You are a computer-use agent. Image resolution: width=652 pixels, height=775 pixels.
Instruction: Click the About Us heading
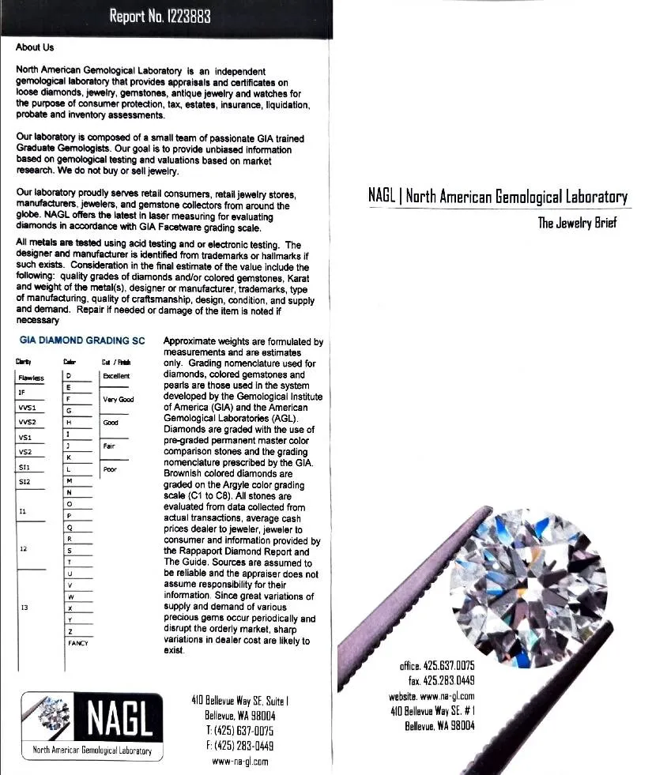click(35, 48)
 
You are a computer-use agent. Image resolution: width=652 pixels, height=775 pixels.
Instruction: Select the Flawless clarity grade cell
click(32, 377)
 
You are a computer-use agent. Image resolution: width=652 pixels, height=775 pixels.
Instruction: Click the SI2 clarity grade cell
click(24, 480)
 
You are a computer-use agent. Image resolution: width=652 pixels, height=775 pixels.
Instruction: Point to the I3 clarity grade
click(24, 608)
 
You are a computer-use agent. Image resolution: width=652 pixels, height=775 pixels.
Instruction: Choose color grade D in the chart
click(70, 376)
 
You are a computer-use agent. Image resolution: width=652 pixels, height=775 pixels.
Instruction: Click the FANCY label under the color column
click(77, 644)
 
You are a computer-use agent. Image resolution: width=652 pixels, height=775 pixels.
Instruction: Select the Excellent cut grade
click(116, 376)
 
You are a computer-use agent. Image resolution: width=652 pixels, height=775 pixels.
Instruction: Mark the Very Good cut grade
click(119, 400)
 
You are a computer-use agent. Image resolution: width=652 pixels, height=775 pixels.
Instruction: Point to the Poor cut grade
click(110, 469)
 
